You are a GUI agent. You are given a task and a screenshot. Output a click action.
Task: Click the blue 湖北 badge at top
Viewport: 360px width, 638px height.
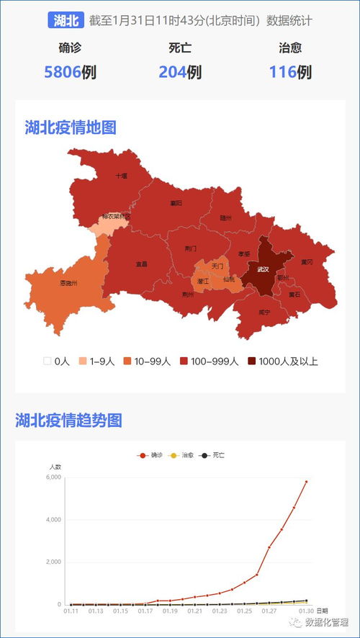pos(66,20)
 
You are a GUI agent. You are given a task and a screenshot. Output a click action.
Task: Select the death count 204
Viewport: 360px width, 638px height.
pos(172,72)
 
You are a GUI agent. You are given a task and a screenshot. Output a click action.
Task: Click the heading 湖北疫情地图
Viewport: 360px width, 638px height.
pos(71,128)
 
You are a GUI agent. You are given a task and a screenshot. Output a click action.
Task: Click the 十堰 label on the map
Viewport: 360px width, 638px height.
pos(121,175)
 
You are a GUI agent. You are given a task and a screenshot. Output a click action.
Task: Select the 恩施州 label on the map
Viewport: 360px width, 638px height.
pos(68,283)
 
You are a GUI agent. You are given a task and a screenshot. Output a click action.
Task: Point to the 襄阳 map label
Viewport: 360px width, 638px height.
pos(176,203)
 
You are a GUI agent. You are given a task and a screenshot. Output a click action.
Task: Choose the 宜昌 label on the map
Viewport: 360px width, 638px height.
pos(141,264)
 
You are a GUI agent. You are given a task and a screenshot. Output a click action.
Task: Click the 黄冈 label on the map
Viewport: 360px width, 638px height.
pos(307,262)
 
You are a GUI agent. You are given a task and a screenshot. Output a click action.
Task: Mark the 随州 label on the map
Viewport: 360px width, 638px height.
pos(226,217)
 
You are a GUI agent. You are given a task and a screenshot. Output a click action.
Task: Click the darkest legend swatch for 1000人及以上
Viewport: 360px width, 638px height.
pos(252,361)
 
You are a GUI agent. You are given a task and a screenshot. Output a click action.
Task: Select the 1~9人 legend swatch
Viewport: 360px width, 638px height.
pos(84,361)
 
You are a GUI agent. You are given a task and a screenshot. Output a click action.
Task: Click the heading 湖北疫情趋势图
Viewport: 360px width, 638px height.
pos(69,421)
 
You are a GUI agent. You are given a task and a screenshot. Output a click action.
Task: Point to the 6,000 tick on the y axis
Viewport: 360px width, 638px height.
pos(54,477)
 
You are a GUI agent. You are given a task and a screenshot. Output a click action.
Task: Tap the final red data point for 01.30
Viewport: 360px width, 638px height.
pos(306,482)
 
